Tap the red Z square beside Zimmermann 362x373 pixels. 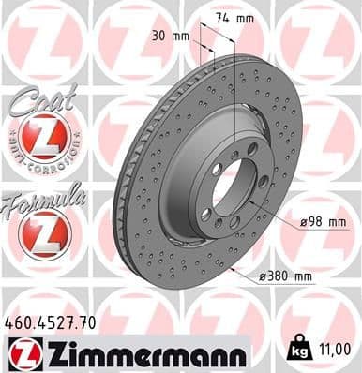[x=23, y=353]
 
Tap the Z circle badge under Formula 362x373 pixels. [x=43, y=235]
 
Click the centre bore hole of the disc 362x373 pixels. [x=228, y=188]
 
